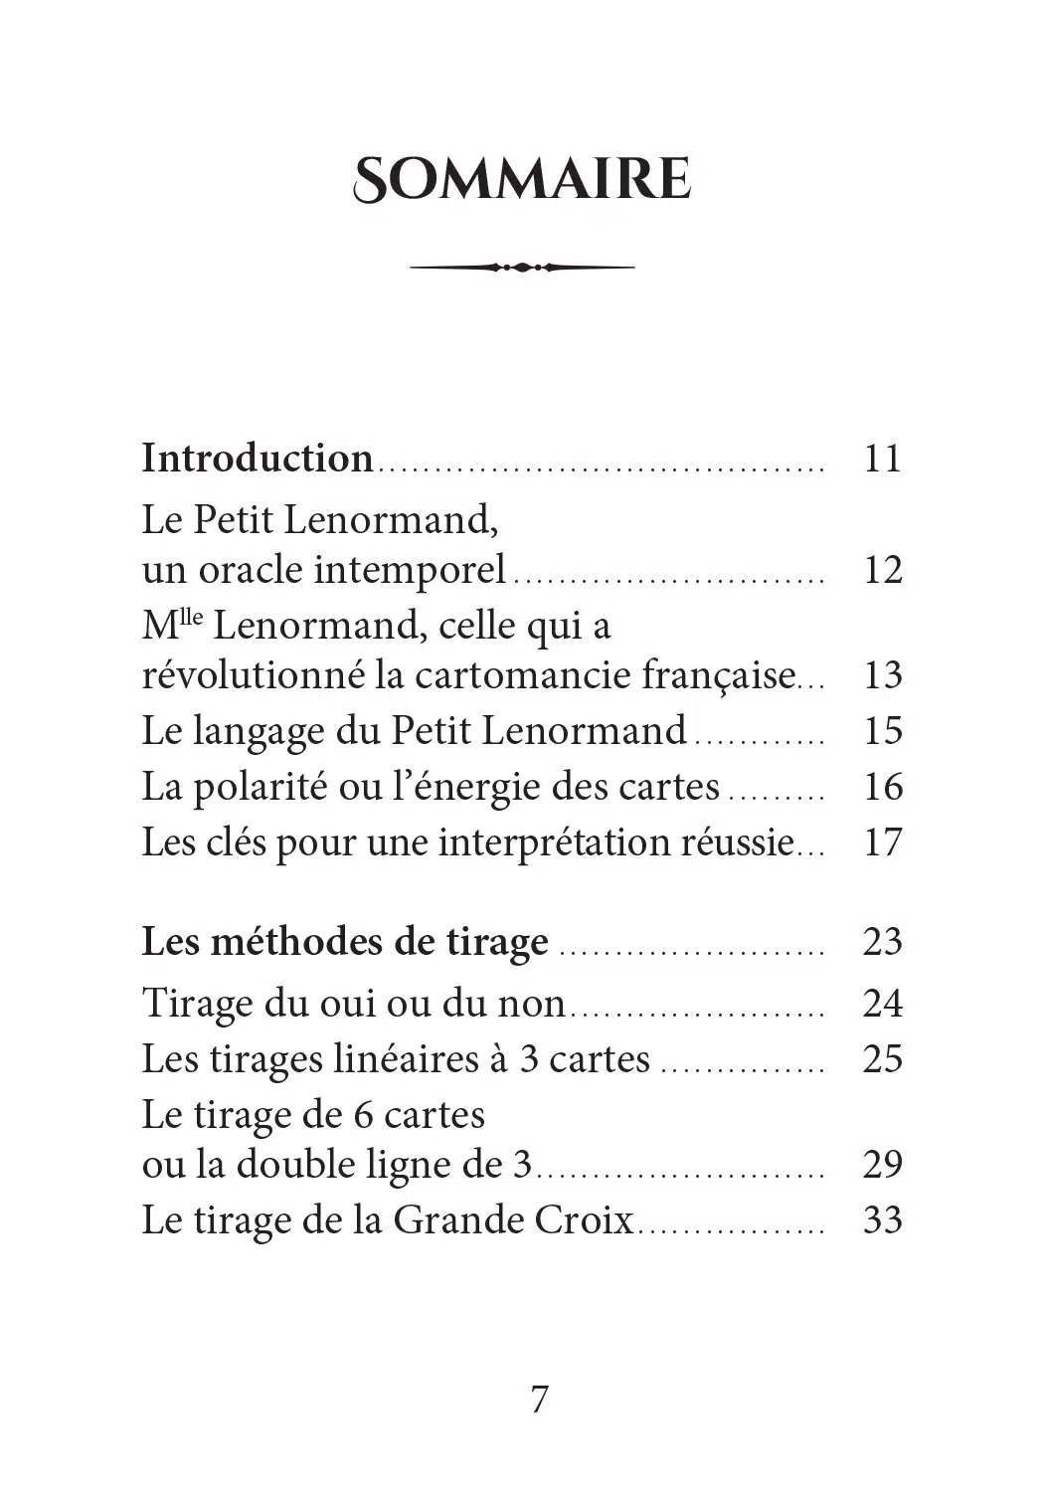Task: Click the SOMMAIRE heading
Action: click(x=522, y=180)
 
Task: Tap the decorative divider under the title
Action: click(x=522, y=267)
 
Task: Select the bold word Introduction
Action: click(x=258, y=459)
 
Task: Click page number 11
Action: click(x=882, y=459)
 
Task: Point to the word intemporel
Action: click(x=411, y=570)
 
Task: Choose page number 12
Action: click(x=882, y=570)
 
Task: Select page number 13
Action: click(x=882, y=675)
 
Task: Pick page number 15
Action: click(x=882, y=731)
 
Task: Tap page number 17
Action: click(x=882, y=842)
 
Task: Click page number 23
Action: click(x=882, y=942)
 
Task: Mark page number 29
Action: click(x=882, y=1164)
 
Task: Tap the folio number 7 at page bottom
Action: click(x=539, y=1399)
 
